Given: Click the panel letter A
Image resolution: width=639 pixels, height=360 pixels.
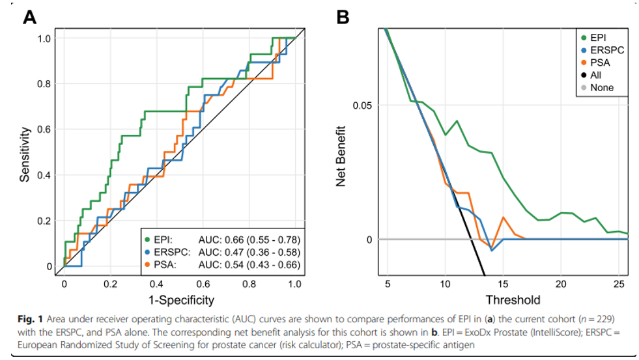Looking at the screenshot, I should (29, 17).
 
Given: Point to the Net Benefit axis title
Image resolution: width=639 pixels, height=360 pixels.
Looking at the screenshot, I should (341, 154).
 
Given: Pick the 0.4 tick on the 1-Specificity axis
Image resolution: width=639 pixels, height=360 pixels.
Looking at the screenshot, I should (156, 284).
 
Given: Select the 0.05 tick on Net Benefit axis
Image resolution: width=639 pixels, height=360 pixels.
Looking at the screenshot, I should (362, 105).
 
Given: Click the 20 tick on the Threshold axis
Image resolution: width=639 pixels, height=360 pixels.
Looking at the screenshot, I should (561, 284).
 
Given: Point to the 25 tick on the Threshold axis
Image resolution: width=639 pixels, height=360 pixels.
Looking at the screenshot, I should (618, 284).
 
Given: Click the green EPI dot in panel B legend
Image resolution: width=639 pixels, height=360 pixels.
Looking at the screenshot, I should (583, 36).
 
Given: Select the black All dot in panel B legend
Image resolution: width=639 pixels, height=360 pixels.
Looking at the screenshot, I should (583, 75).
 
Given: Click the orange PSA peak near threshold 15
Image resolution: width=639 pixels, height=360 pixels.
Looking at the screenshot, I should (503, 217).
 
